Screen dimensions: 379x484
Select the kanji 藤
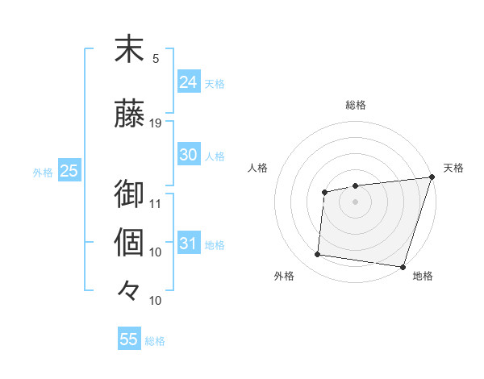(x=129, y=115)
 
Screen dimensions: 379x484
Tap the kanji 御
(x=129, y=194)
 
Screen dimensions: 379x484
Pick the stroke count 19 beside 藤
(x=156, y=123)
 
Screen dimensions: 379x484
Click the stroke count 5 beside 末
(x=156, y=58)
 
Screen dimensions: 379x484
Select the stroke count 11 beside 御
(x=156, y=202)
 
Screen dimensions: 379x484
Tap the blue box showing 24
(x=188, y=82)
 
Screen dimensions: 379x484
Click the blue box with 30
(x=188, y=155)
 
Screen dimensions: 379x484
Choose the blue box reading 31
(x=188, y=244)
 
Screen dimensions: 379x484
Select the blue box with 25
(x=69, y=171)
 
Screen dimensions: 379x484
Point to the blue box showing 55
(x=129, y=339)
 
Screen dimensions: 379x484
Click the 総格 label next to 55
(x=156, y=341)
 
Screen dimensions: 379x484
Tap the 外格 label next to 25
(x=43, y=172)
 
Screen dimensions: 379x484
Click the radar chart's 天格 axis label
(x=453, y=168)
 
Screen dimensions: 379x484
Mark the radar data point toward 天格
(x=432, y=177)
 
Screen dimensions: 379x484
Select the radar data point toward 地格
(x=403, y=266)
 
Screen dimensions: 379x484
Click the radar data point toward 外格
(x=318, y=255)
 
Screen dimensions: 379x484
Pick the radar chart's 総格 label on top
(x=356, y=105)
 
